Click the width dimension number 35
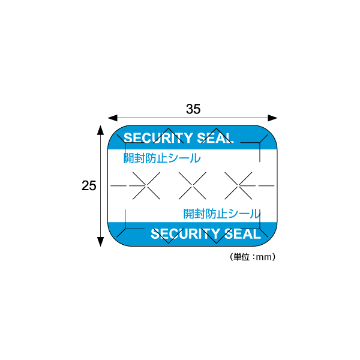[193, 109]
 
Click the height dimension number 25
[89, 186]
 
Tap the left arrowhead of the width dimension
[113, 118]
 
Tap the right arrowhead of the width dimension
[272, 118]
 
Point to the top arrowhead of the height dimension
[101, 130]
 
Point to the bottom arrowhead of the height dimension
[101, 242]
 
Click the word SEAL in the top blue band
[215, 138]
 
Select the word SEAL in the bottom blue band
[242, 234]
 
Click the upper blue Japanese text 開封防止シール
[162, 158]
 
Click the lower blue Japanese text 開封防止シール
[222, 214]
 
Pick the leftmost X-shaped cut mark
[146, 185]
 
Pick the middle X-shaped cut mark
[193, 185]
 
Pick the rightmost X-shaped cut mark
[238, 185]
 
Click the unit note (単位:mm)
[253, 257]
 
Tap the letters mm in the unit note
[264, 257]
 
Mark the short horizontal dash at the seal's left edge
[118, 185]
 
